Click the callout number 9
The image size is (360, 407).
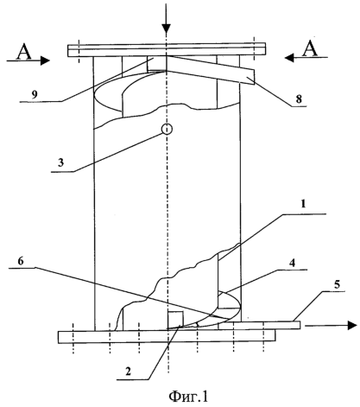(x=35, y=95)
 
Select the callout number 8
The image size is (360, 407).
(x=299, y=99)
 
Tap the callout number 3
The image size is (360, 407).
(x=60, y=162)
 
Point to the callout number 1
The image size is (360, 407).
(x=303, y=204)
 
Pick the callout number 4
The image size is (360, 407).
(x=292, y=263)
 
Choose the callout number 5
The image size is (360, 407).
(x=337, y=284)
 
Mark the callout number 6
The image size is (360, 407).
(x=21, y=261)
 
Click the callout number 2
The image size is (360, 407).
(x=128, y=372)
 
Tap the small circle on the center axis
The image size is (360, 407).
(x=167, y=130)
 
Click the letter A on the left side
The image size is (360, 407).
(x=24, y=52)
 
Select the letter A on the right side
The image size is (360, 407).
(x=310, y=48)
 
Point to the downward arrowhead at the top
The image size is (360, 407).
(x=167, y=29)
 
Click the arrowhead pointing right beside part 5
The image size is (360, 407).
(x=352, y=325)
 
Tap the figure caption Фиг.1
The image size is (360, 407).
(x=188, y=397)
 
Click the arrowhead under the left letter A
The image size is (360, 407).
(x=45, y=60)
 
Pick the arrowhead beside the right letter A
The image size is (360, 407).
(x=290, y=58)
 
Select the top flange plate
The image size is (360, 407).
(x=167, y=50)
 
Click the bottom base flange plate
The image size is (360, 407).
(x=167, y=337)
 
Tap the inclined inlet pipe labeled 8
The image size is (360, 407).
(x=201, y=70)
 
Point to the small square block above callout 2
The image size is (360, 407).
(x=175, y=320)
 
